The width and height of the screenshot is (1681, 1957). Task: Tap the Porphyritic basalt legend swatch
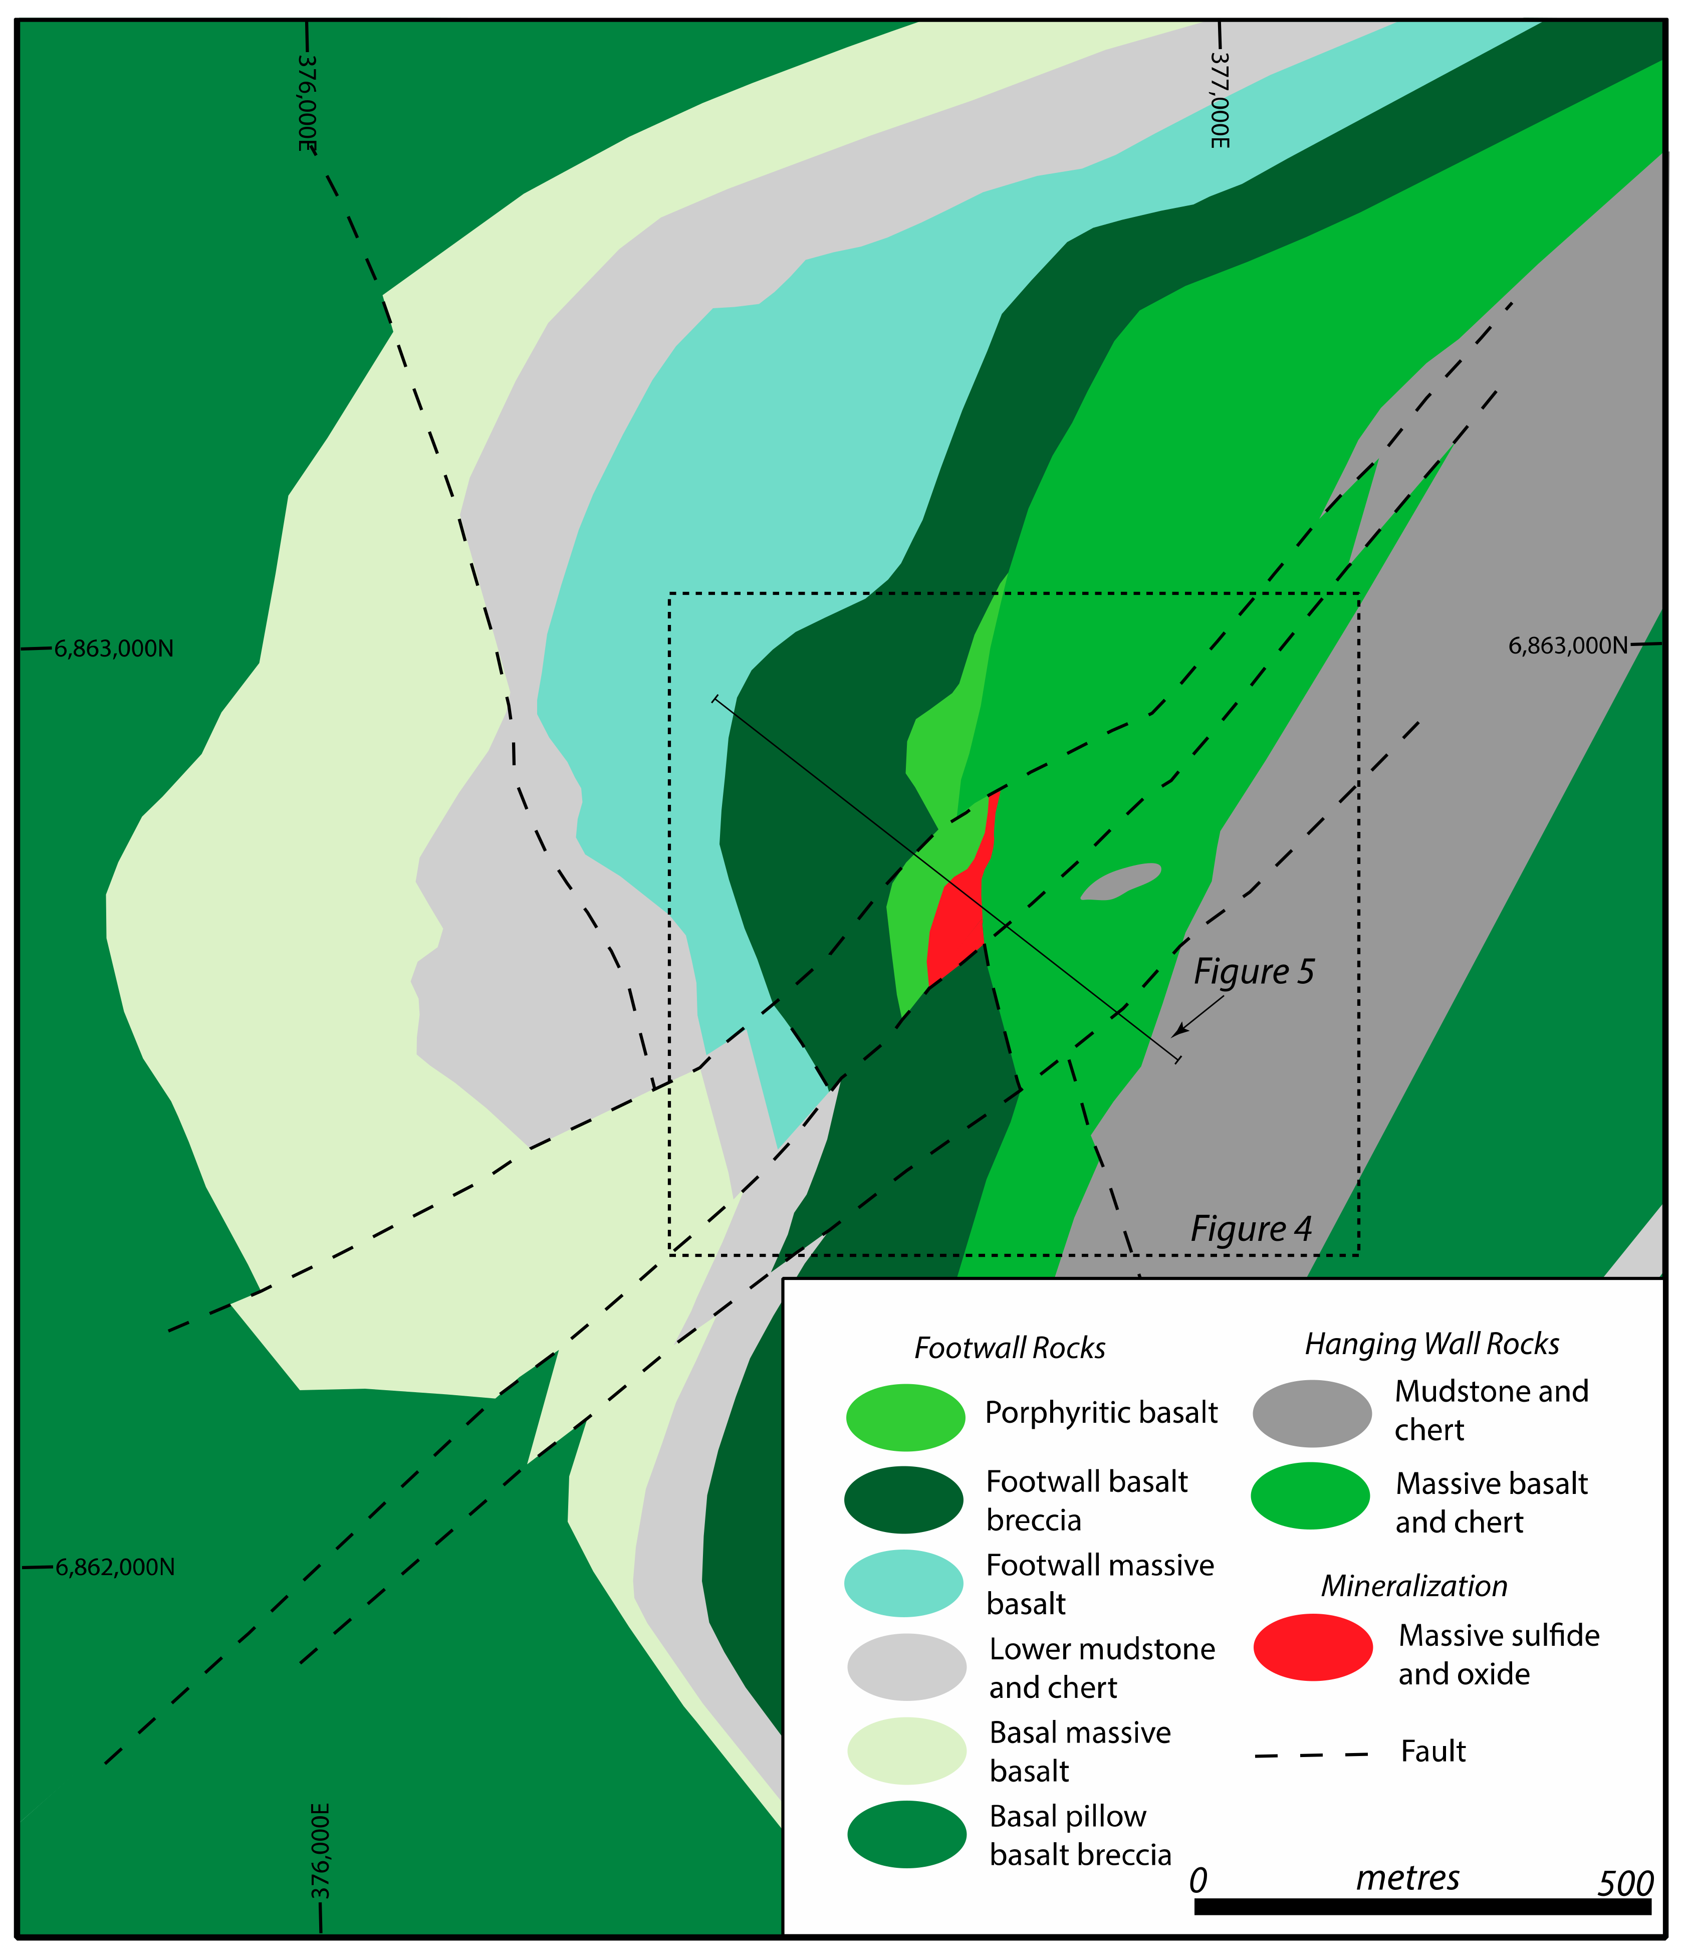tap(905, 1417)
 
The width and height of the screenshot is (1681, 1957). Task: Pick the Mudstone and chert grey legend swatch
tap(1312, 1413)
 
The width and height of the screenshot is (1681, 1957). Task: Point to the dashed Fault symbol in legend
tap(1311, 1755)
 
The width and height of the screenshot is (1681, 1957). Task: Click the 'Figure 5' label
tap(1253, 971)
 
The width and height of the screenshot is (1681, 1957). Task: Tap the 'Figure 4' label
tap(1251, 1228)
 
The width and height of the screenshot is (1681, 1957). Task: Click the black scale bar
tap(1421, 1906)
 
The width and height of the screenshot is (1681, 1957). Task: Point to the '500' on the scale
tap(1624, 1882)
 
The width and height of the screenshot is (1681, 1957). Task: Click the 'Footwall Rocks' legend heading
tap(1009, 1348)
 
